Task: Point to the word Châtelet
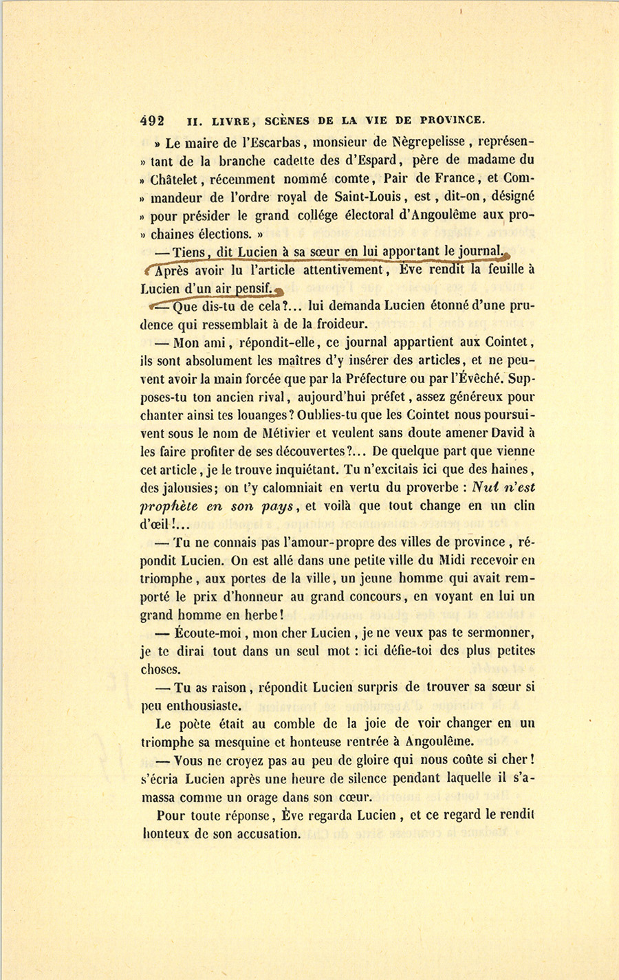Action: pos(175,179)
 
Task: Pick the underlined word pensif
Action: pos(254,287)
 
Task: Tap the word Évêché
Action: pos(466,378)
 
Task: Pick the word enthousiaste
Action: pos(202,706)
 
